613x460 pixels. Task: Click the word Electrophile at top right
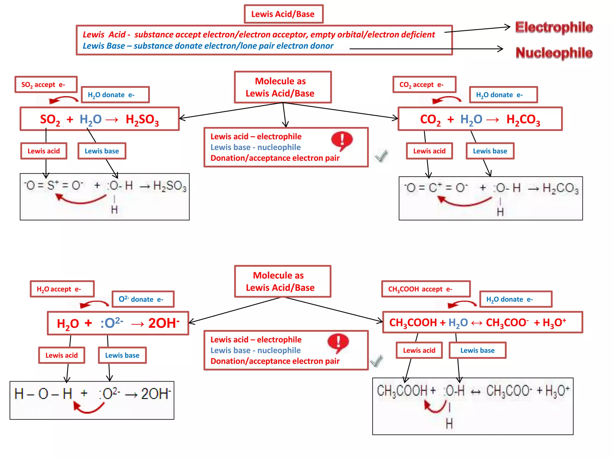(x=554, y=27)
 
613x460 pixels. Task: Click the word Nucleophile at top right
(x=554, y=53)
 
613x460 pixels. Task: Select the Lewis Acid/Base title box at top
(x=283, y=14)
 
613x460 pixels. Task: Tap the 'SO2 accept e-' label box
(x=46, y=84)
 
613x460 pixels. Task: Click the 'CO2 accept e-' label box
(x=424, y=84)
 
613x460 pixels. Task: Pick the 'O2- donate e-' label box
(x=143, y=299)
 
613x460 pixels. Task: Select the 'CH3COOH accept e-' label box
(x=426, y=289)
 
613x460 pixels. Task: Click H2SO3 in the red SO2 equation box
(x=142, y=119)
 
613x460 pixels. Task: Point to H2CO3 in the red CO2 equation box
(x=523, y=119)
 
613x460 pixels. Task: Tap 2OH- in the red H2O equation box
(x=164, y=323)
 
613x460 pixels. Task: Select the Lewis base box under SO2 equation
(x=102, y=151)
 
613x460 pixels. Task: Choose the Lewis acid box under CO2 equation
(x=429, y=151)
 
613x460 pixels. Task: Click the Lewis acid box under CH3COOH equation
(x=419, y=350)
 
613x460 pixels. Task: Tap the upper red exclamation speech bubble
(x=342, y=140)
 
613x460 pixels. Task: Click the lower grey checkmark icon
(x=377, y=361)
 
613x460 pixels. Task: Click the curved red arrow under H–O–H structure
(x=89, y=407)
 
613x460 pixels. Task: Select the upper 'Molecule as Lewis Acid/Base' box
(x=283, y=87)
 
